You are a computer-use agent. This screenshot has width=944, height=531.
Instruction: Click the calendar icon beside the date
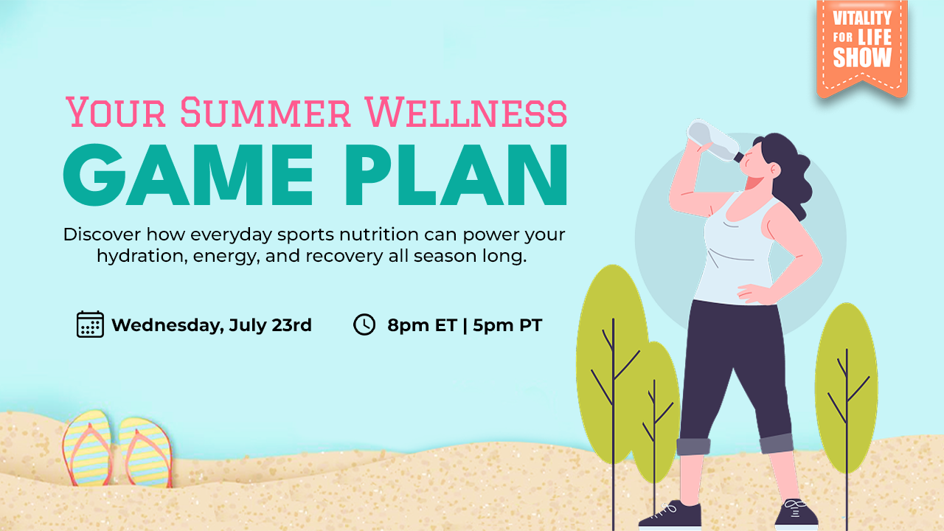point(90,324)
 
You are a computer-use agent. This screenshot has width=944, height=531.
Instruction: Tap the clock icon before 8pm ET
point(364,324)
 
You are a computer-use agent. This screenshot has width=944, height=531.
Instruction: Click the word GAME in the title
point(188,175)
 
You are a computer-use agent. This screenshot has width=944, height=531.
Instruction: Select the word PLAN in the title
point(457,175)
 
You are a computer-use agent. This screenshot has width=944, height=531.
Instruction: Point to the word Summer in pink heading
point(265,113)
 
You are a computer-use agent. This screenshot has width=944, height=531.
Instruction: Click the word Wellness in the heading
point(466,113)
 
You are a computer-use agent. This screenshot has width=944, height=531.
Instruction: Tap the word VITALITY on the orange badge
point(862,18)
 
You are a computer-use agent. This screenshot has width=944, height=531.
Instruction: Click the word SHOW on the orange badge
point(862,58)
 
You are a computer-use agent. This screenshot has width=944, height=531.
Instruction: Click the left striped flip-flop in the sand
point(88,448)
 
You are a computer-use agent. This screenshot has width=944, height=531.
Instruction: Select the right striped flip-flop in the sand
point(146,452)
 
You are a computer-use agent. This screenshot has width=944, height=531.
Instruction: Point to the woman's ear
point(774,170)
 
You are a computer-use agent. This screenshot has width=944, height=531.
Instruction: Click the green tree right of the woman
point(846,388)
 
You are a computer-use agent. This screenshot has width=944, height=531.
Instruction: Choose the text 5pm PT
point(507,325)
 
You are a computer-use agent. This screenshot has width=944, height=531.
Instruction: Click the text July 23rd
point(270,325)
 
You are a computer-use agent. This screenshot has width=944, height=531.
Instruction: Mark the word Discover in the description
point(102,235)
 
